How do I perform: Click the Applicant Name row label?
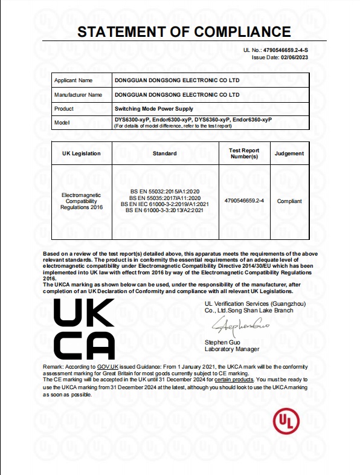[x=74, y=80]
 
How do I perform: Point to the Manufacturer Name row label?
[x=78, y=95]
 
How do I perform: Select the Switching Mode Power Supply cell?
[x=153, y=109]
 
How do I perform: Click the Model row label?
[x=62, y=123]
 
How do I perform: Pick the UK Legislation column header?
[x=82, y=153]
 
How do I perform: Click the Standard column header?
[x=164, y=153]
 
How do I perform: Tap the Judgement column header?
[x=289, y=153]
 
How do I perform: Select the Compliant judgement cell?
[x=289, y=201]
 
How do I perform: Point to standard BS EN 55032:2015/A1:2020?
[x=164, y=191]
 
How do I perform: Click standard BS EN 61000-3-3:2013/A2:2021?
[x=164, y=211]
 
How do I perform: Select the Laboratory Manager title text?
[x=232, y=349]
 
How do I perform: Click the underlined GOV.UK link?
[x=108, y=367]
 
